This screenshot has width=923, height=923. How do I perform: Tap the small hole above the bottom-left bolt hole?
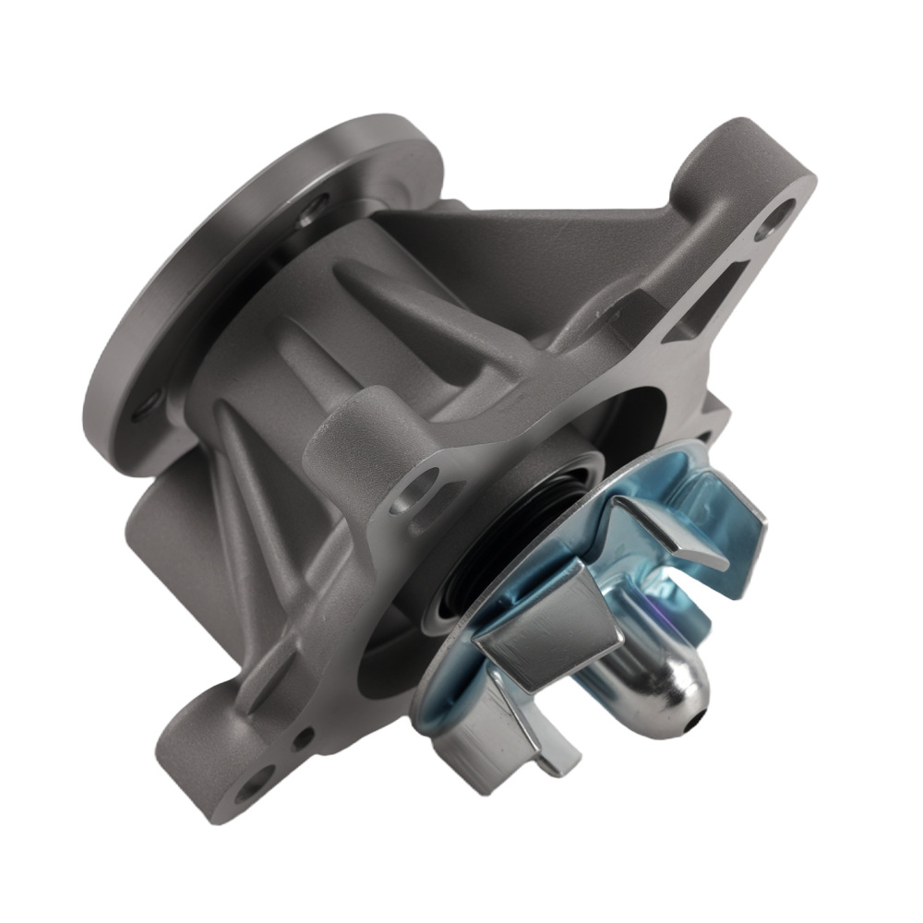tap(302, 737)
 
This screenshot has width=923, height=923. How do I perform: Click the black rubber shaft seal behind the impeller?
tap(480, 554)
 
